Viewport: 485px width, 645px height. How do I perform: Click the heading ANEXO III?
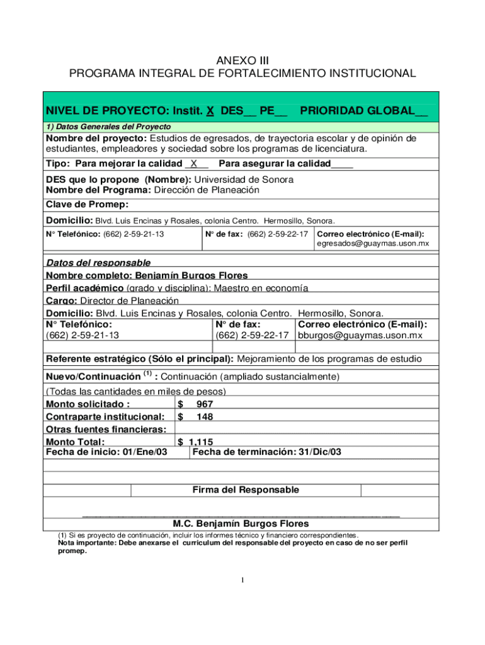243,60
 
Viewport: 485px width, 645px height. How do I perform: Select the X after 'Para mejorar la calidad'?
195,164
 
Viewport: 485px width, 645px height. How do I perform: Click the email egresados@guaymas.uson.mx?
372,243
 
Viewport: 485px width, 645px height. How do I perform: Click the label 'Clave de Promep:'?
88,204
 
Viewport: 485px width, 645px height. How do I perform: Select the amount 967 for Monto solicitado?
205,404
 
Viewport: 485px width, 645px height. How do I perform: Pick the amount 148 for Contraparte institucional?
205,416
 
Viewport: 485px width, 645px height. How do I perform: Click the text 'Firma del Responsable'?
246,489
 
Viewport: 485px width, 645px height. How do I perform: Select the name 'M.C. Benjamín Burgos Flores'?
241,523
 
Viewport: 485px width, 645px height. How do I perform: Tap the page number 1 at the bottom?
243,580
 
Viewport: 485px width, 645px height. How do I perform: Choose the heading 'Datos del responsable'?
98,263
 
